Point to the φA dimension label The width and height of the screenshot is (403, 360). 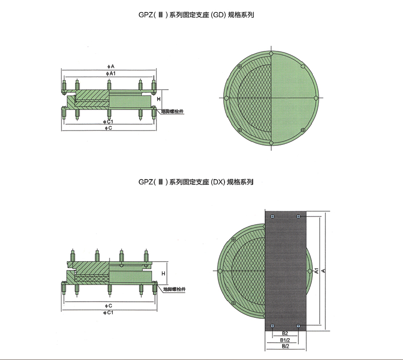[111, 66]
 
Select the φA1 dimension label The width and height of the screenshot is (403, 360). [111, 74]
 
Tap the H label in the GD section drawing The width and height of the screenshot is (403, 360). [158, 99]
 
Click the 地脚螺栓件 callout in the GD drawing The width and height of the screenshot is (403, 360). [172, 111]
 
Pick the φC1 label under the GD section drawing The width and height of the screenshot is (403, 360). [108, 122]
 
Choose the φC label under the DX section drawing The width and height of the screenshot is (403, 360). [108, 305]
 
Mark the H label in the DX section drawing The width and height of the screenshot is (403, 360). [163, 274]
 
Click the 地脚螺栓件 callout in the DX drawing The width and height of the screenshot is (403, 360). [174, 289]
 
